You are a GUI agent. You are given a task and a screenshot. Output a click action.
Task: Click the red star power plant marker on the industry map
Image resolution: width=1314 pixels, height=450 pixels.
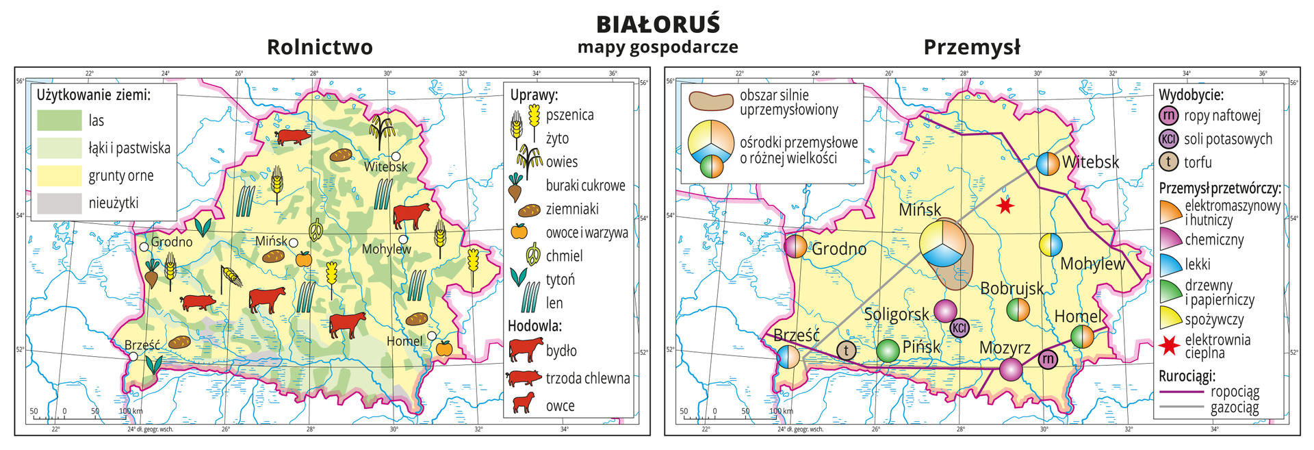coord(1004,205)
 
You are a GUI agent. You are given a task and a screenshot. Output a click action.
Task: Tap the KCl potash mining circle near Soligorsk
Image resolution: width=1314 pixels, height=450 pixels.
coord(959,327)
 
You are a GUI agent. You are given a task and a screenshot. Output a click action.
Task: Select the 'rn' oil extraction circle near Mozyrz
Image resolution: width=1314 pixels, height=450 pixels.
coord(1047,359)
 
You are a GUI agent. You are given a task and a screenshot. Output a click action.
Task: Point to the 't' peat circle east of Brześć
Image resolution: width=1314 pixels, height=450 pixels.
coord(847,351)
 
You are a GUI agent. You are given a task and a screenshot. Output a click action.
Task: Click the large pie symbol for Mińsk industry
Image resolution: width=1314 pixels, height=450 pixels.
coord(942,243)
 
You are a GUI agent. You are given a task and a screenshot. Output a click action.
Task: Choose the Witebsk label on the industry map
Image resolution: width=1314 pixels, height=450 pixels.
coord(1090,162)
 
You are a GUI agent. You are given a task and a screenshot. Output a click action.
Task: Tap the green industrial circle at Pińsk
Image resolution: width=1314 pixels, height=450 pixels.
coord(888,351)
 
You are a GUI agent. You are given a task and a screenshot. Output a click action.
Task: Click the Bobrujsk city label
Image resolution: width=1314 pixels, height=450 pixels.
coord(1012,288)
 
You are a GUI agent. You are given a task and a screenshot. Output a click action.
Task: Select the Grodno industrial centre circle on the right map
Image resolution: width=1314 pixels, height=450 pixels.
coord(795,246)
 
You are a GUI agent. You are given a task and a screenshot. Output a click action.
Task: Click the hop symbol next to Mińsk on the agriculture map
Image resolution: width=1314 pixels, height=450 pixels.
coord(317,230)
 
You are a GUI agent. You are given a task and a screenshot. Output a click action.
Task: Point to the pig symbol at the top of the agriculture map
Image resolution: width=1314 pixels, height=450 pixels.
coord(293,136)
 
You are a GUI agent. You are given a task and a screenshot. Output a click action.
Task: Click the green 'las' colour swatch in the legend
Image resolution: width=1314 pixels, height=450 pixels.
coord(59,121)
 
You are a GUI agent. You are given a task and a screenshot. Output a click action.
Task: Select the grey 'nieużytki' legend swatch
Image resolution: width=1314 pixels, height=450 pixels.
coord(59,203)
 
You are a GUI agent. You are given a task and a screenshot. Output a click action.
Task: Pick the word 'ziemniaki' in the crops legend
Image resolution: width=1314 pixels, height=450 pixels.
coord(572,209)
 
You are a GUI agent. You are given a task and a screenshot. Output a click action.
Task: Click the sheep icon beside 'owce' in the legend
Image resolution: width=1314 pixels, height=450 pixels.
coord(524,404)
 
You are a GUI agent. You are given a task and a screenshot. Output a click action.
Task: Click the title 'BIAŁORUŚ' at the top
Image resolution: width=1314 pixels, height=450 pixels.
coord(658,24)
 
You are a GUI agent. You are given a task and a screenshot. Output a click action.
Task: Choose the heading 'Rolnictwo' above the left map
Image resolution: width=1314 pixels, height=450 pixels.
coord(320,47)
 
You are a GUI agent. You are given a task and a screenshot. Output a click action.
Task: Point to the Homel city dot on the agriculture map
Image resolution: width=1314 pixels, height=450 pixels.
coord(432,336)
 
